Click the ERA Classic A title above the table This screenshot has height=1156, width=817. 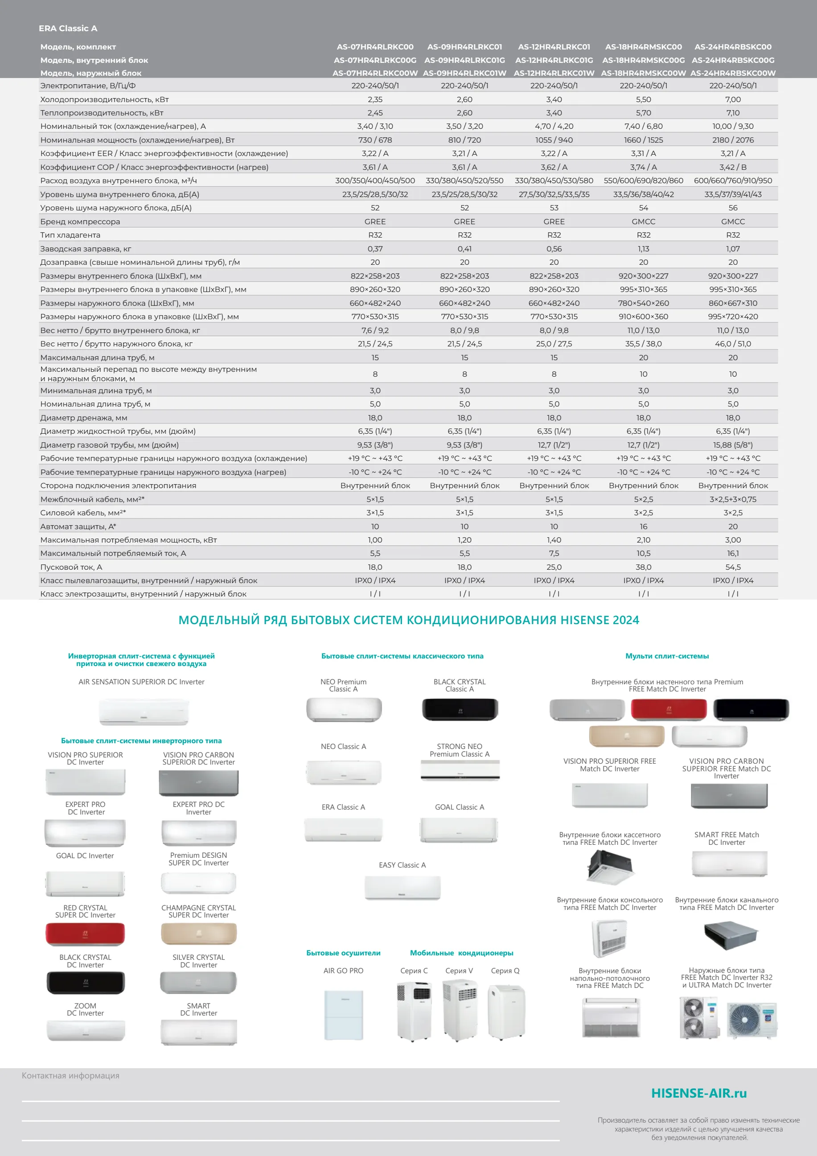tap(68, 29)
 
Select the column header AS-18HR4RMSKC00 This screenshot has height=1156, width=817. tap(643, 47)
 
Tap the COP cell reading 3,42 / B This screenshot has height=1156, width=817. tap(733, 167)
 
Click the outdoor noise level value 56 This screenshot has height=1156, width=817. tap(733, 208)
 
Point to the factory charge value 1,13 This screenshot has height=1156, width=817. tap(643, 249)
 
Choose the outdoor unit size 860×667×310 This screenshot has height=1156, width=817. tap(733, 303)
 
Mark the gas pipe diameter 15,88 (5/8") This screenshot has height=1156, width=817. tap(733, 445)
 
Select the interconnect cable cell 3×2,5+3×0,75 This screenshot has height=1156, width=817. tap(733, 499)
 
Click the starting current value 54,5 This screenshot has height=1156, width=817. tap(733, 567)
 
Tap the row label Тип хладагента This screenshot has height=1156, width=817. tap(70, 235)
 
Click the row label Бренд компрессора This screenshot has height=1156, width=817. tap(80, 222)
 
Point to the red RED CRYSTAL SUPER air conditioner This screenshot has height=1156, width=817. tap(86, 934)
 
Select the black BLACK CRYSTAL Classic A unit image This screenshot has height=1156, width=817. tap(460, 709)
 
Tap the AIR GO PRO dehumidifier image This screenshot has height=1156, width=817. tap(343, 1015)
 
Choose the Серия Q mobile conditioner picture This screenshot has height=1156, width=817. tap(506, 1012)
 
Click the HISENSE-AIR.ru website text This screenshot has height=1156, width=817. tap(699, 1093)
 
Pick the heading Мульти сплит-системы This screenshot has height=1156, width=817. tap(667, 656)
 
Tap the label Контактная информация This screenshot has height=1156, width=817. tap(70, 1075)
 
